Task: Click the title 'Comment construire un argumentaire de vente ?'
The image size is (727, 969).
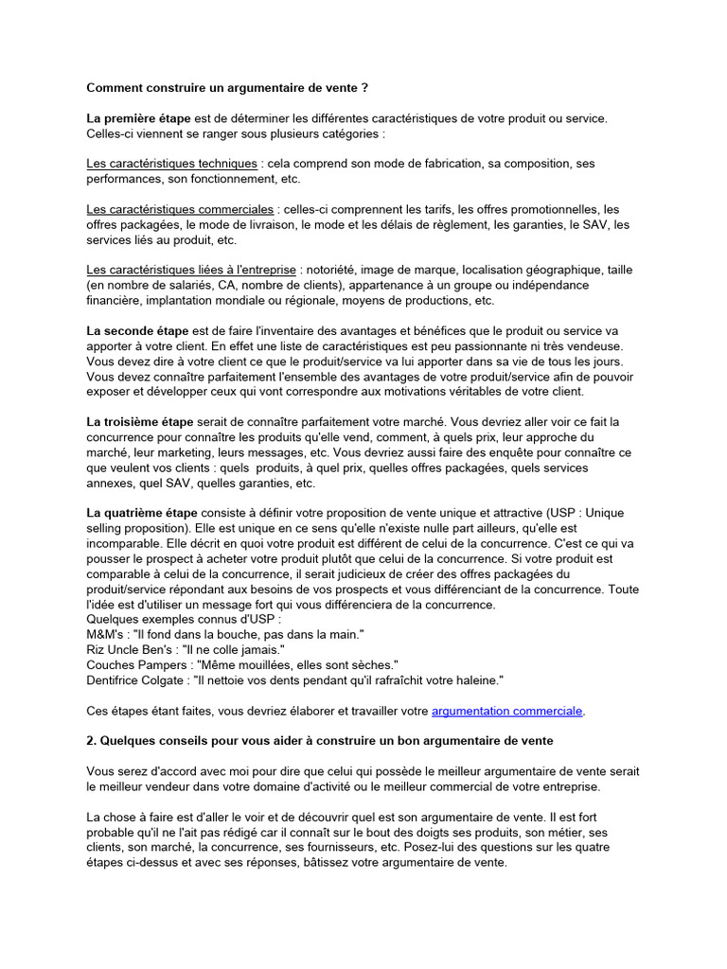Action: pyautogui.click(x=227, y=88)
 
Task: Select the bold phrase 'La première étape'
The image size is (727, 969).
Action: pyautogui.click(x=138, y=118)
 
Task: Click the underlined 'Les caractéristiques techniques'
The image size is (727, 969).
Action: pyautogui.click(x=171, y=164)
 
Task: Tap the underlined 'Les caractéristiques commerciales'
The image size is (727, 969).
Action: pyautogui.click(x=181, y=209)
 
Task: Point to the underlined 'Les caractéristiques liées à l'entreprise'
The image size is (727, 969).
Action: pyautogui.click(x=187, y=270)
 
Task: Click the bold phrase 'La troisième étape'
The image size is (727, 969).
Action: pyautogui.click(x=140, y=421)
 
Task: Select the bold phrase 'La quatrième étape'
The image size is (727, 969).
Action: pyautogui.click(x=142, y=512)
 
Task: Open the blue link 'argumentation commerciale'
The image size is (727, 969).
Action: pyautogui.click(x=507, y=710)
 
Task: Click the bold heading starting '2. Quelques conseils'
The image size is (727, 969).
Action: pyautogui.click(x=320, y=739)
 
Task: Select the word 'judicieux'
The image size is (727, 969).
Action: pyautogui.click(x=352, y=573)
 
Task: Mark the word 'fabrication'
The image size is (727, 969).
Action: pyautogui.click(x=441, y=164)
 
